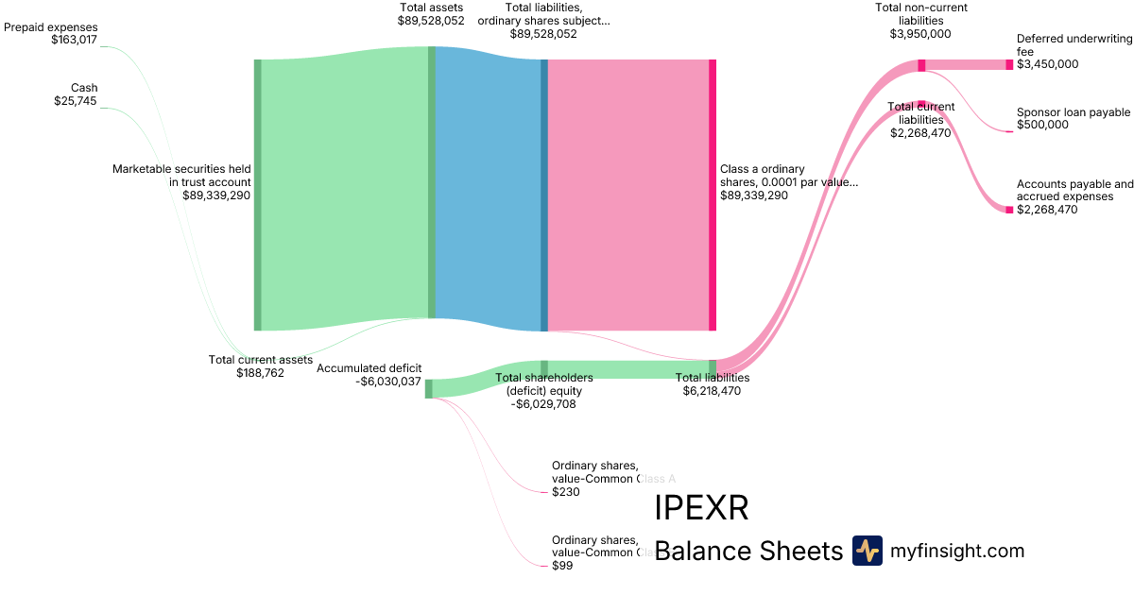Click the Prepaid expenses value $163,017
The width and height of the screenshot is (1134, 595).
[x=74, y=41]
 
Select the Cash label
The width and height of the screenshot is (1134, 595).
[x=84, y=88]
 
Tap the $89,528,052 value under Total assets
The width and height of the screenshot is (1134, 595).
[x=431, y=20]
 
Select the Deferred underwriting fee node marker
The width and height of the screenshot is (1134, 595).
[x=1009, y=64]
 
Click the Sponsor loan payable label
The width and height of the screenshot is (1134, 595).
[x=1073, y=112]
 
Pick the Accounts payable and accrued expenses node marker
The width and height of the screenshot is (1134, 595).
[x=1009, y=210]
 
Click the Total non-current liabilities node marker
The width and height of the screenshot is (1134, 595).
[x=921, y=65]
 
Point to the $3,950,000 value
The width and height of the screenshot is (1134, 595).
[x=920, y=34]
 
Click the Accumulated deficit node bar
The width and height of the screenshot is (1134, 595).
[x=428, y=388]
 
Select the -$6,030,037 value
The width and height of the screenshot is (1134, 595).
[x=388, y=382]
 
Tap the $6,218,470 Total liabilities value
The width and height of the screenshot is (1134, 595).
[x=712, y=390]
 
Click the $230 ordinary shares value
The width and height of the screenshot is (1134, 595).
[x=565, y=492]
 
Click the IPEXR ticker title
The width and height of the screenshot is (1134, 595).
[x=701, y=508]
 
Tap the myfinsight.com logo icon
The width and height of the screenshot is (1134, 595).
[x=867, y=551]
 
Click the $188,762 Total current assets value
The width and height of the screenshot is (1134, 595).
[x=260, y=373]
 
